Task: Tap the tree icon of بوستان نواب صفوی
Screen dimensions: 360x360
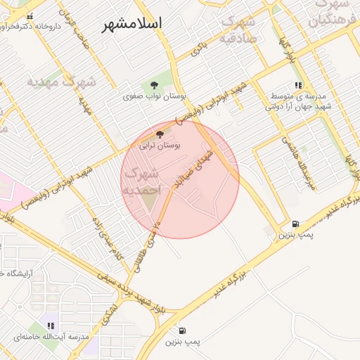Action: (154, 85)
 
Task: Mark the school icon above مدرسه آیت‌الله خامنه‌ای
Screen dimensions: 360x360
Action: (50, 326)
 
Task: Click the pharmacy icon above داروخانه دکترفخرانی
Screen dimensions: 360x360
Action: (29, 16)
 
